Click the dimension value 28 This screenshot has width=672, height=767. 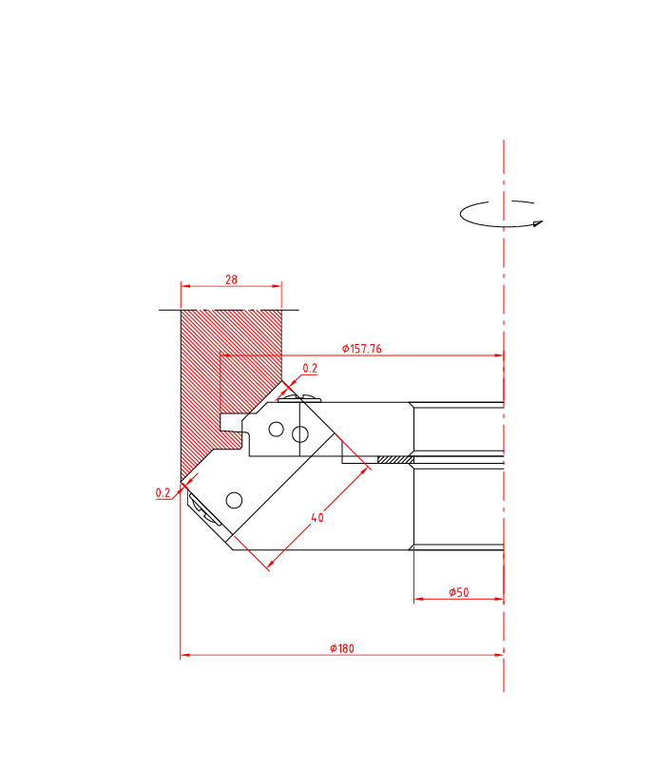click(231, 279)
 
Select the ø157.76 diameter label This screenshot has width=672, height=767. click(362, 349)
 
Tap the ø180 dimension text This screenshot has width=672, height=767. click(342, 648)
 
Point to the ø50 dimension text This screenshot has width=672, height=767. click(459, 592)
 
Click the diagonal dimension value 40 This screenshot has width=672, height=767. click(317, 518)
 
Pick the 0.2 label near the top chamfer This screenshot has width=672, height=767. click(310, 368)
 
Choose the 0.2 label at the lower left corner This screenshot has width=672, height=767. click(163, 492)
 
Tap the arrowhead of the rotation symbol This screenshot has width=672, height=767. click(538, 224)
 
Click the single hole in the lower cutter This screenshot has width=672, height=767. click(233, 499)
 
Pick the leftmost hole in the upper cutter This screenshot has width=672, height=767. click(276, 430)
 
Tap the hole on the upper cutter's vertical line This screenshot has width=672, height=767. click(299, 434)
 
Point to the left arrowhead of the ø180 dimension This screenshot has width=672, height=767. click(184, 655)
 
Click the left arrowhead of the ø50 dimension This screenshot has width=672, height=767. click(418, 599)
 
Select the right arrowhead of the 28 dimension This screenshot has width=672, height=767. click(278, 285)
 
